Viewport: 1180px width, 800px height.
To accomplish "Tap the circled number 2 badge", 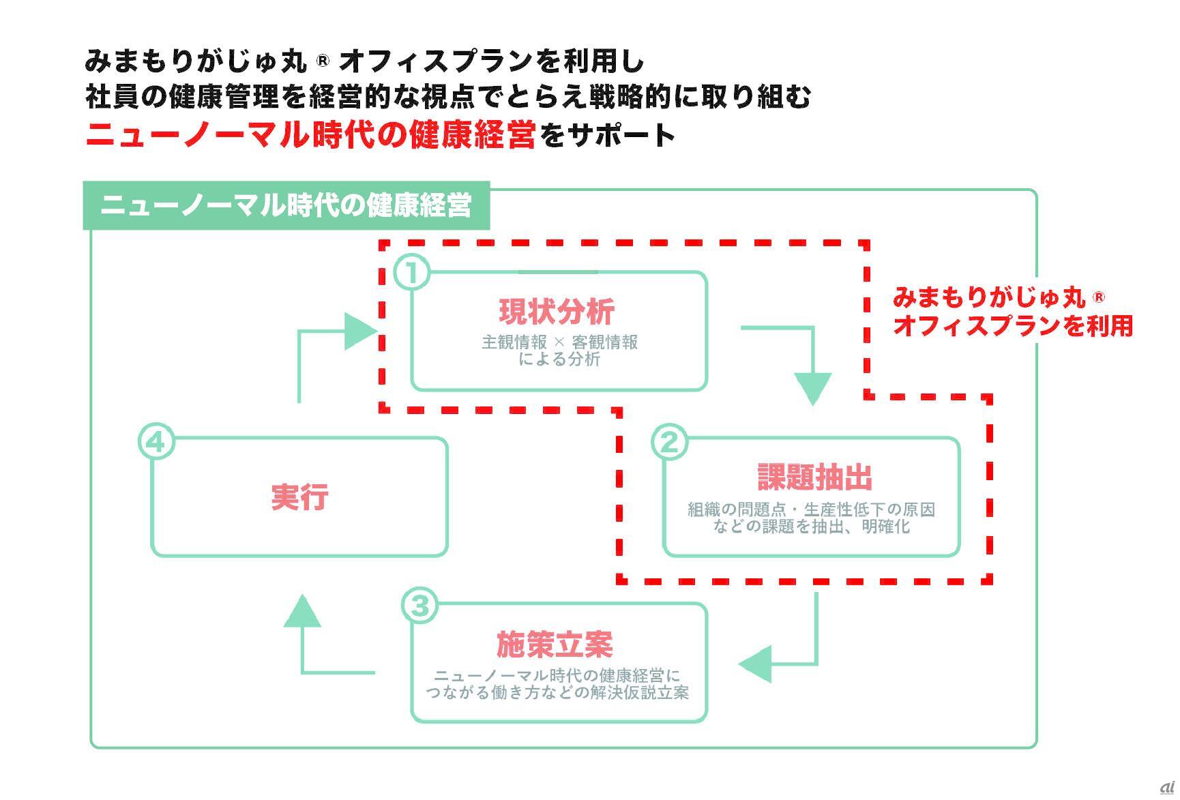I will click(x=669, y=442).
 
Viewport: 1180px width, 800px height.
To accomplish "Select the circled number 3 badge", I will click(x=419, y=606).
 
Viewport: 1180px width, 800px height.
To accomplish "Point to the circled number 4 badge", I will click(x=156, y=442).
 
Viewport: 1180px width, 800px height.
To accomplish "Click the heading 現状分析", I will click(x=557, y=312).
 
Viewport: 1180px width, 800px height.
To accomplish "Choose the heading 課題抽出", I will click(x=815, y=477).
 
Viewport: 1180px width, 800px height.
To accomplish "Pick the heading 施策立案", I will click(x=555, y=644).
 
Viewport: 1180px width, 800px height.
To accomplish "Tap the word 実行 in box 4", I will click(x=299, y=497).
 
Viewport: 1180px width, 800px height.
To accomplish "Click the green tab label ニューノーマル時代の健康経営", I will click(x=286, y=205).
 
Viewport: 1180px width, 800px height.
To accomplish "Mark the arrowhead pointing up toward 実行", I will click(x=301, y=611).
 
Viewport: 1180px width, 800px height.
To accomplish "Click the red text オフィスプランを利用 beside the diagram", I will click(x=1013, y=326).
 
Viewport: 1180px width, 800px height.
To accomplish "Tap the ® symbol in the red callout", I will click(x=1098, y=297).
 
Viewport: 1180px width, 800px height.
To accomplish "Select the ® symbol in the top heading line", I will click(x=323, y=61).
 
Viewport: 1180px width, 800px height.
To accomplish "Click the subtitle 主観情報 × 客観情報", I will click(x=559, y=342).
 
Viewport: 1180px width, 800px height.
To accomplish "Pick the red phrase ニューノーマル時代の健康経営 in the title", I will click(x=310, y=135).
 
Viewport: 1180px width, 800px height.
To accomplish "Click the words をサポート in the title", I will click(x=607, y=135).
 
